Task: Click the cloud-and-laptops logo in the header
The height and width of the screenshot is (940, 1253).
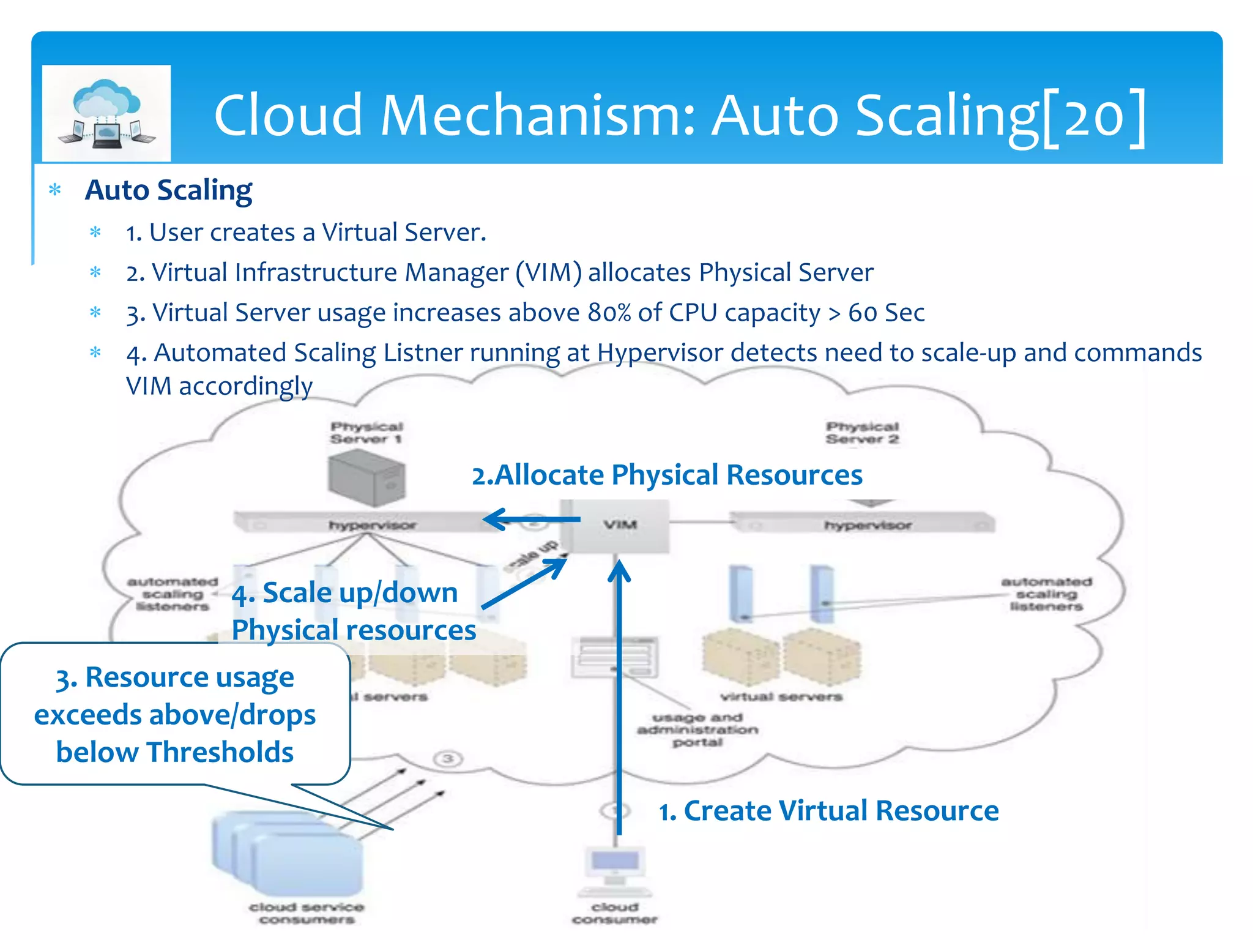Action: coord(106,114)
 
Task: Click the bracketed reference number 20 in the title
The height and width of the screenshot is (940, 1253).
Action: coord(1094,116)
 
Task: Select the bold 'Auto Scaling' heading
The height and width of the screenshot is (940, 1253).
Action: coord(168,190)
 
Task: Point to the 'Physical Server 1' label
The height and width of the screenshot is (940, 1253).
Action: coord(366,433)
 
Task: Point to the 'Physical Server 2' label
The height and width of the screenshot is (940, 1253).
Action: coord(862,433)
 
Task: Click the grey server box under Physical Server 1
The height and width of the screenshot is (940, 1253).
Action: coord(366,477)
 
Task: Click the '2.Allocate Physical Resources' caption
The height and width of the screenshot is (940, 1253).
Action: coord(667,476)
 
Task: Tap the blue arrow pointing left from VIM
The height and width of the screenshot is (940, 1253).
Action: coord(529,520)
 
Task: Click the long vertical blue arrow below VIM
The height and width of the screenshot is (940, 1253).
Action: coord(619,698)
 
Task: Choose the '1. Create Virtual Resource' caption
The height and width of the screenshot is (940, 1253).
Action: coord(828,811)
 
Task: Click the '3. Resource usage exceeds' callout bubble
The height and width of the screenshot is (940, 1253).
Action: coord(175,714)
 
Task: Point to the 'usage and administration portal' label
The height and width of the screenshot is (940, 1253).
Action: coord(697,729)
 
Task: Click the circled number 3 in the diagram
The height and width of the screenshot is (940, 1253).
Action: coord(448,759)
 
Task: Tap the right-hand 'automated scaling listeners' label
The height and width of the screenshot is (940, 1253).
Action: coord(1046,594)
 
